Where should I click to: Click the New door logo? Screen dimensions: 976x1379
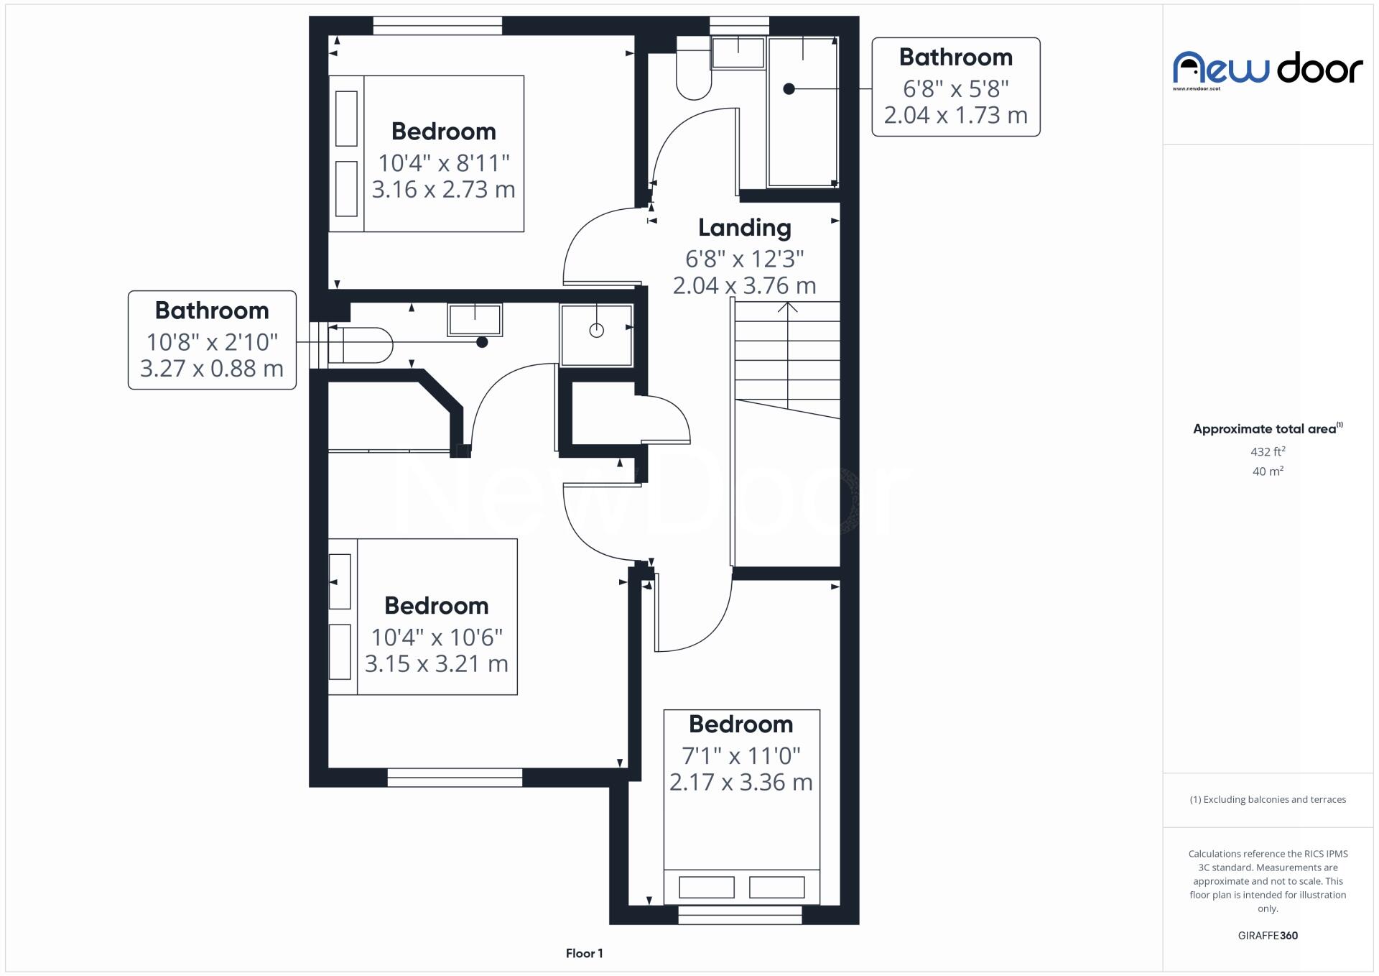(x=1268, y=70)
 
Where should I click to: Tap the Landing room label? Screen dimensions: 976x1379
(x=745, y=228)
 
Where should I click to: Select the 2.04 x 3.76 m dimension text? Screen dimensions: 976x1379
(x=745, y=285)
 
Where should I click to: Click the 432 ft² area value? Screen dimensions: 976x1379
(x=1268, y=451)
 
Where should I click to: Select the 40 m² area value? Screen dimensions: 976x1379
(x=1268, y=471)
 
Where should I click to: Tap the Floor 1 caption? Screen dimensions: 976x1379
(x=584, y=953)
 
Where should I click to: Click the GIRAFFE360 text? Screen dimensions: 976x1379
(x=1268, y=935)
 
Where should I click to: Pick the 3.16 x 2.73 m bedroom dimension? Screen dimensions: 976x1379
(x=443, y=190)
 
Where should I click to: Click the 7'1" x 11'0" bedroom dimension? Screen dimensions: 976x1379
(x=740, y=755)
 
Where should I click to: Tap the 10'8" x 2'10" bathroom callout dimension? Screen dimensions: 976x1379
(x=212, y=342)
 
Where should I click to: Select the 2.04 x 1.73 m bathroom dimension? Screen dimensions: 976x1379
(x=955, y=115)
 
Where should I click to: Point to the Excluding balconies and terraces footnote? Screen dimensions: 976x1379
(x=1268, y=799)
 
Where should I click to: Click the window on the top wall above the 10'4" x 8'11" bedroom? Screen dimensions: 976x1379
(x=437, y=27)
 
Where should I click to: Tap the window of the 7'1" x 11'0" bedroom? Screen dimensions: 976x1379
(x=740, y=915)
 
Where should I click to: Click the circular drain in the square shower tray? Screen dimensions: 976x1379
(x=596, y=331)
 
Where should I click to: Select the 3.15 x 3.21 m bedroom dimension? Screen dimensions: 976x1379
(x=436, y=663)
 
